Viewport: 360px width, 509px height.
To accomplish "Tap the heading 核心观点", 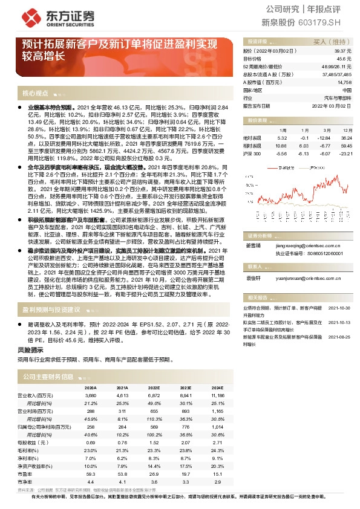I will click(x=35, y=93).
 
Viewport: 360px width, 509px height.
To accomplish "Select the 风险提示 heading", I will click(x=31, y=349).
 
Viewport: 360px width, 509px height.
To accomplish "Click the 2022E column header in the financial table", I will click(x=154, y=387).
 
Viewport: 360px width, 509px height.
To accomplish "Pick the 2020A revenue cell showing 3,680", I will click(x=91, y=395).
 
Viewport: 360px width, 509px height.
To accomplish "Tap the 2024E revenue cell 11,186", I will click(x=218, y=395).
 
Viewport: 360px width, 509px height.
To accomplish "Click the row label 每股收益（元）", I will click(x=33, y=443).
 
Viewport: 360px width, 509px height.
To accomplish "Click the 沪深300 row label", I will click(x=252, y=154).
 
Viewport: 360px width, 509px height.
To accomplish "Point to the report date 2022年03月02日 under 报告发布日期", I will click(x=332, y=105).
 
